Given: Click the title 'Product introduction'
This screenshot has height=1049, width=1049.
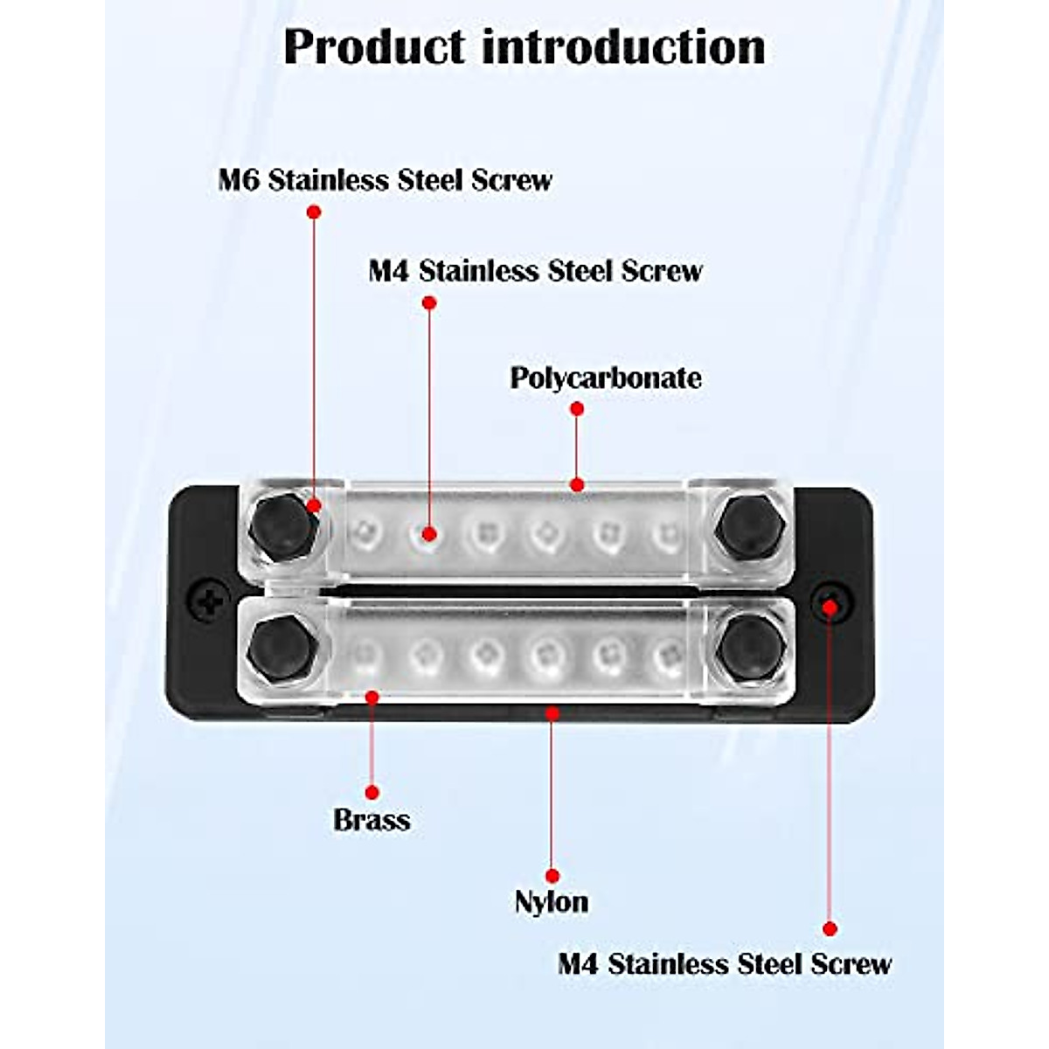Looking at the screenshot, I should pyautogui.click(x=524, y=46).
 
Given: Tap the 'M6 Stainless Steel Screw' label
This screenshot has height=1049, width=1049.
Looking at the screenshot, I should pyautogui.click(x=385, y=180).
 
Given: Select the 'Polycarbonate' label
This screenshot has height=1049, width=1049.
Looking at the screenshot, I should pyautogui.click(x=605, y=378).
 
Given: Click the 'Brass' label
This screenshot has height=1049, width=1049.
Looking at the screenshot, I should pyautogui.click(x=372, y=820).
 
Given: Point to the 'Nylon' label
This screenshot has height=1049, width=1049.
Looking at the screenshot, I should pyautogui.click(x=551, y=901).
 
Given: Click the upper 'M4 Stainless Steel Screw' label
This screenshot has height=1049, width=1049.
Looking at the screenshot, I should pyautogui.click(x=535, y=270).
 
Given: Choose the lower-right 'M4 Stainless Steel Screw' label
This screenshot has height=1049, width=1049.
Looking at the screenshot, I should pyautogui.click(x=725, y=964).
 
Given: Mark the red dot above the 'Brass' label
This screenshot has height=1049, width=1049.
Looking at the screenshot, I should pyautogui.click(x=372, y=792).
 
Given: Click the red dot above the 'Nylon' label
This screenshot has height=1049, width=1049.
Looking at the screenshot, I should pyautogui.click(x=552, y=876).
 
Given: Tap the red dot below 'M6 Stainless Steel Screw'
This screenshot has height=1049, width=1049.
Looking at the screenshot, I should pyautogui.click(x=314, y=212).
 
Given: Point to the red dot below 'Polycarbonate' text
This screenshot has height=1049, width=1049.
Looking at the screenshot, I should pyautogui.click(x=576, y=408).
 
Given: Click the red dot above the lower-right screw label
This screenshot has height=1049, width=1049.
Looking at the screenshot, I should pyautogui.click(x=830, y=929).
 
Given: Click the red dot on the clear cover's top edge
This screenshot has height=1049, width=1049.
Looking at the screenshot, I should pyautogui.click(x=576, y=484).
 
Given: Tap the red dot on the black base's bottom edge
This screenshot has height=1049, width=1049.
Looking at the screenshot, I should pyautogui.click(x=552, y=713).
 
